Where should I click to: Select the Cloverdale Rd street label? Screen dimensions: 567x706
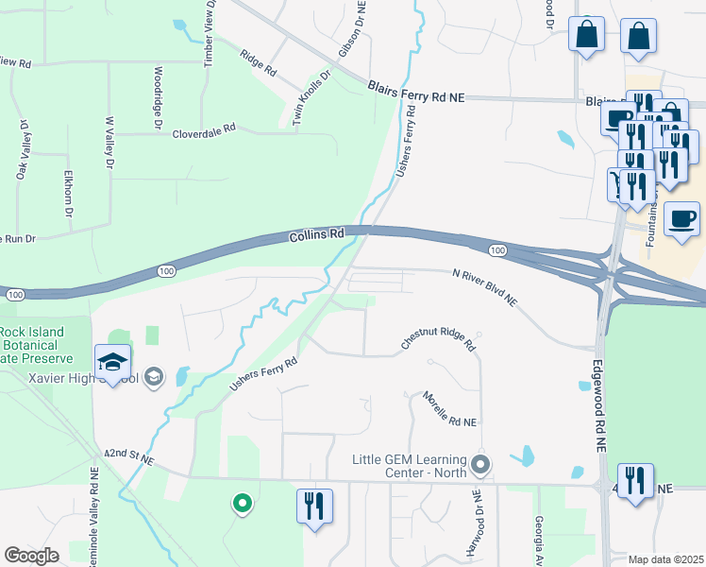(203, 133)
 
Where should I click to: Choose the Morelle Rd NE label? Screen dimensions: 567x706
(449, 408)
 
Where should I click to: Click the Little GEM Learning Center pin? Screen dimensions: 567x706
(481, 465)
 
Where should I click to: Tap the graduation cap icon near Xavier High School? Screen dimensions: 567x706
(112, 362)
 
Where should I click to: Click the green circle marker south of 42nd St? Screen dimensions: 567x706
(243, 504)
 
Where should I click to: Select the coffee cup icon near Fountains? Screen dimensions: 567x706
(681, 220)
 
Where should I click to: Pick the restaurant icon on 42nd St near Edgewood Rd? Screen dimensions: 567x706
(636, 479)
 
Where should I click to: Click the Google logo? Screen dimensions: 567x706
(32, 555)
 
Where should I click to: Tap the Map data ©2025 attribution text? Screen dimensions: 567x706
(665, 559)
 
